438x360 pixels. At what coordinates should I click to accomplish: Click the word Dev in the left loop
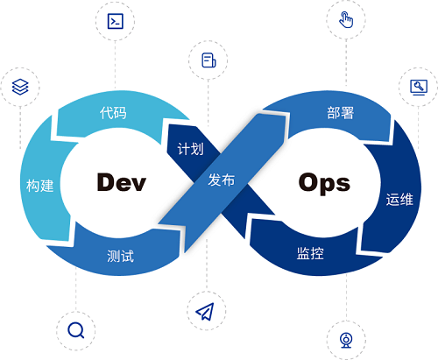pos(121,182)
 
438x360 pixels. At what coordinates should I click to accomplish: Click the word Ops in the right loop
pos(324,183)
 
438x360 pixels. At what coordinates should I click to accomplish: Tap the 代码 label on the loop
pos(113,113)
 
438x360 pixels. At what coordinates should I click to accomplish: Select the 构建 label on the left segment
pos(40,186)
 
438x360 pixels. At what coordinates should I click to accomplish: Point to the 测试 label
pos(120,256)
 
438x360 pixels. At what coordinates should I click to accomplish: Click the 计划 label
pos(190,149)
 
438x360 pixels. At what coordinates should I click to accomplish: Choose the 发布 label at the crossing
pos(222,180)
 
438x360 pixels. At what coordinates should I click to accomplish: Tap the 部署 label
pos(341,113)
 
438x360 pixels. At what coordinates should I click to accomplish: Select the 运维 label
pos(399,200)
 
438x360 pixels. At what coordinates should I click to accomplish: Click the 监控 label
pos(310,253)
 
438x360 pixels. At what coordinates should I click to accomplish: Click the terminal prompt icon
pos(116,21)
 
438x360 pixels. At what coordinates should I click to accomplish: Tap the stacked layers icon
pos(20,87)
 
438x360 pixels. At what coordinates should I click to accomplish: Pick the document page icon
pos(208,60)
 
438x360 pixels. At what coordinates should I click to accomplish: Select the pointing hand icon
pos(346,19)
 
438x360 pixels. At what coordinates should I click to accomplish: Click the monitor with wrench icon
pos(419,88)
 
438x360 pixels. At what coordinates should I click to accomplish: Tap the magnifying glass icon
pos(76,330)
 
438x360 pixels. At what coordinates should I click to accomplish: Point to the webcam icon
pos(346,341)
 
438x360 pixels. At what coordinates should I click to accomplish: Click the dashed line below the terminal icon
pos(115,66)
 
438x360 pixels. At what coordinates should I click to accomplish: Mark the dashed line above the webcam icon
pos(347,297)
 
